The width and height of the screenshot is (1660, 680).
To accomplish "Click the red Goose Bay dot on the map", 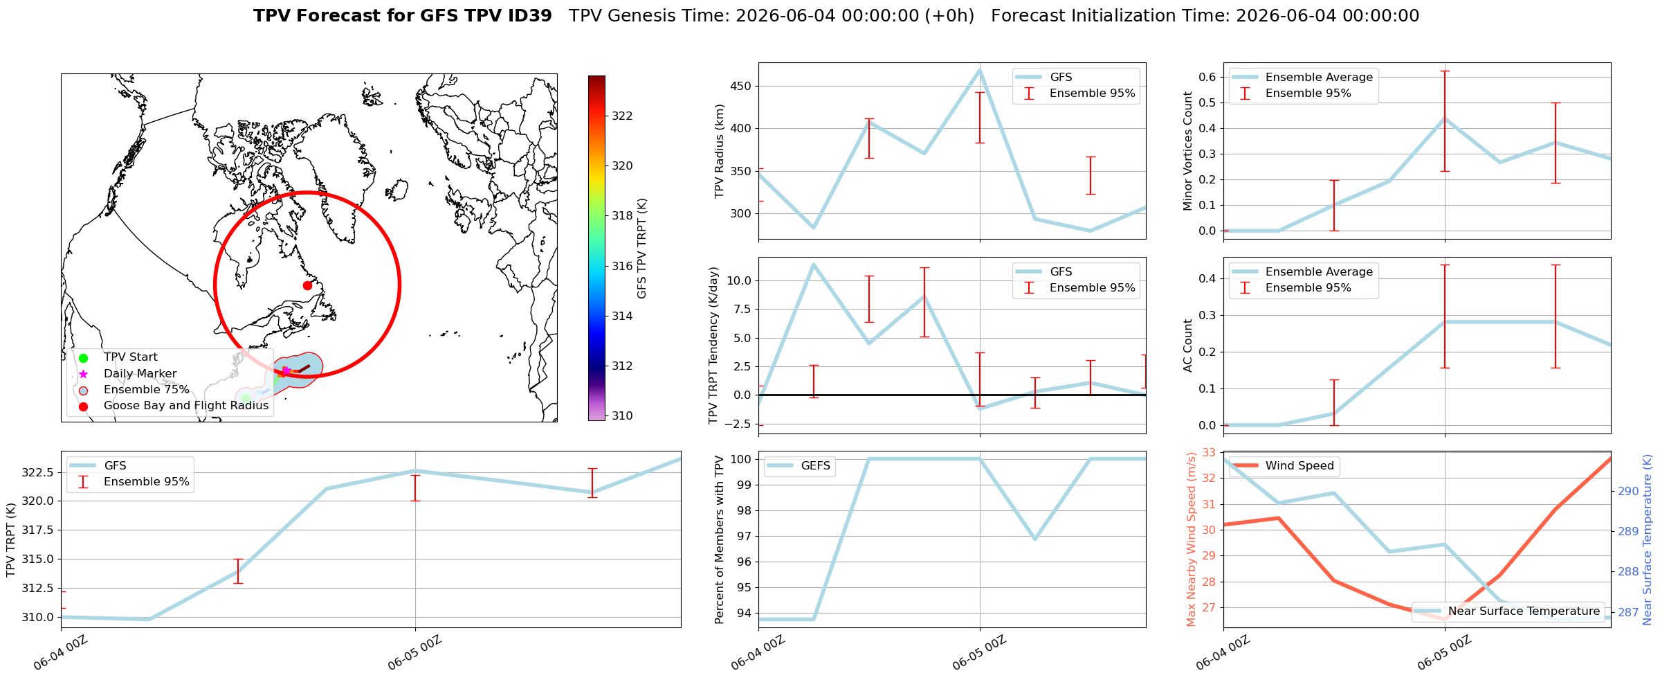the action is [307, 285].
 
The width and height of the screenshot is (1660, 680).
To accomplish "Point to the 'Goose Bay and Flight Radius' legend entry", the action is [172, 406].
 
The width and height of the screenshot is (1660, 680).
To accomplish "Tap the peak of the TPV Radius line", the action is [980, 70].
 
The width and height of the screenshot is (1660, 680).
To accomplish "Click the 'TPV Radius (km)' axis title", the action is [720, 151].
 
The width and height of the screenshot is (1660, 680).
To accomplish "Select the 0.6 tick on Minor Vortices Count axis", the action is [1207, 77].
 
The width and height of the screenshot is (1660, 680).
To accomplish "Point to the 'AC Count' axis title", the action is [1188, 346].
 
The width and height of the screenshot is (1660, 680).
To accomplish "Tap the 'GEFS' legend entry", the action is [799, 466].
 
